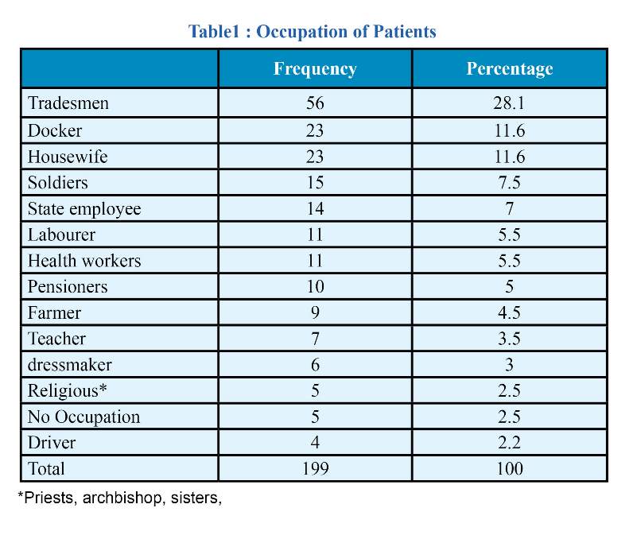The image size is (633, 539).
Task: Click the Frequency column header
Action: pyautogui.click(x=315, y=69)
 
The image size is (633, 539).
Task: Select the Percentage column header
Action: pyautogui.click(x=510, y=69)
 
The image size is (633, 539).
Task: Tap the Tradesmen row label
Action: pyautogui.click(x=68, y=103)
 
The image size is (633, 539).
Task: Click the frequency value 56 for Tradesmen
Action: pyautogui.click(x=315, y=103)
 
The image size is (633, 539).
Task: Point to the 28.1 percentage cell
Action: pyautogui.click(x=509, y=103)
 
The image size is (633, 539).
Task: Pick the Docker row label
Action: pyautogui.click(x=55, y=130)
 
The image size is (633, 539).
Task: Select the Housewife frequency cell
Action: pyautogui.click(x=315, y=157)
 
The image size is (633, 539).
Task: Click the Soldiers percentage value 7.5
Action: pyautogui.click(x=509, y=182)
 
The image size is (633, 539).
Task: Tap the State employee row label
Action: pyautogui.click(x=84, y=209)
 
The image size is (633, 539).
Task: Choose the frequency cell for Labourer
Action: pyautogui.click(x=315, y=235)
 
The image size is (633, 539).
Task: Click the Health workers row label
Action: pyautogui.click(x=84, y=261)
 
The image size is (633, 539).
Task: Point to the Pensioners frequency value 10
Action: pyautogui.click(x=315, y=286)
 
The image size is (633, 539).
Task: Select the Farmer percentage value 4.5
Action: pyautogui.click(x=509, y=312)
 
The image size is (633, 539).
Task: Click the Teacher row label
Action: pyautogui.click(x=56, y=339)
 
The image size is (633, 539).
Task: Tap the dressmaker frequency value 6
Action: pyautogui.click(x=315, y=365)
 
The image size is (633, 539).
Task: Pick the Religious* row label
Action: pyautogui.click(x=68, y=391)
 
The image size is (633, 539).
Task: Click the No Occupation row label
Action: pyautogui.click(x=84, y=417)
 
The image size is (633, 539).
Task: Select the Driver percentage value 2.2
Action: pyautogui.click(x=509, y=443)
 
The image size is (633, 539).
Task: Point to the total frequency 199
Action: pyautogui.click(x=315, y=469)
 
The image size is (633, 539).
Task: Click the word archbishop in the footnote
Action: pyautogui.click(x=122, y=498)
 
